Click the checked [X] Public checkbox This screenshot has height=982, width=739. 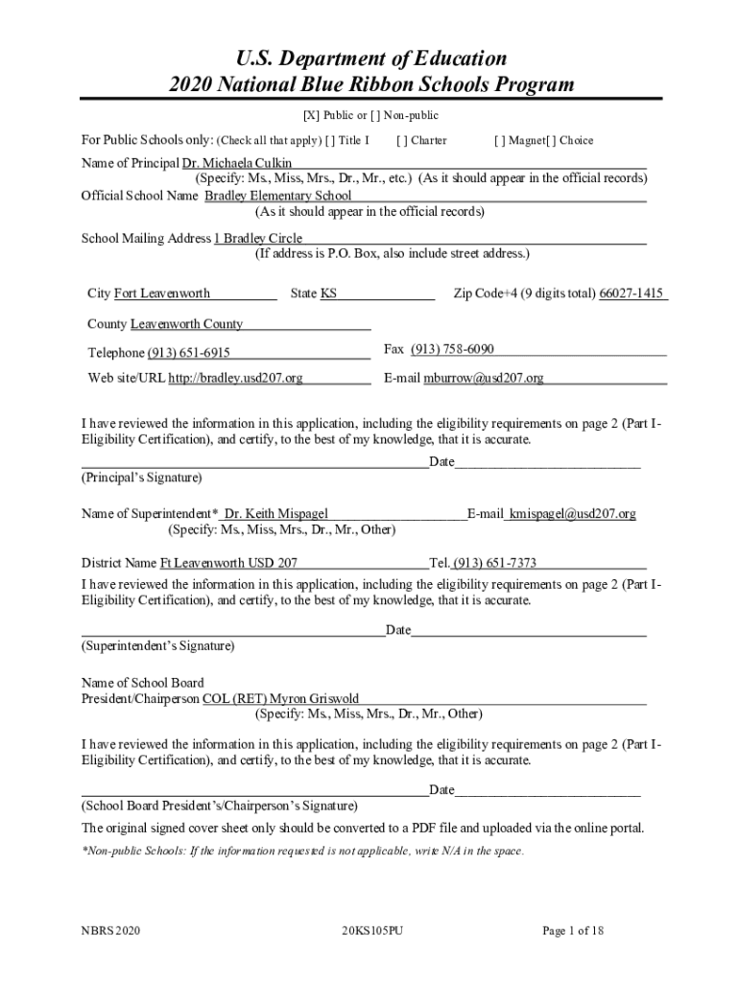point(312,116)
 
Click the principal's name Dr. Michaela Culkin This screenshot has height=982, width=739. point(230,163)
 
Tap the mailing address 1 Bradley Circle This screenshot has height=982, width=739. point(258,238)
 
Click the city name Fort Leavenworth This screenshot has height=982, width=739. point(162,293)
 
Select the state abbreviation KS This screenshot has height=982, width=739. point(328,293)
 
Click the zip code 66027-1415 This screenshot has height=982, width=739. point(632,293)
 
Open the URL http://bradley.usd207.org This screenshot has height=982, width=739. point(235,378)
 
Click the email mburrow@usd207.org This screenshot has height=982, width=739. point(484,378)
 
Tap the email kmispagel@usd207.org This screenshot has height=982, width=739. point(572,514)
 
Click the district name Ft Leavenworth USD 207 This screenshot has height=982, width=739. point(228,563)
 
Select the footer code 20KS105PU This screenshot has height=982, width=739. point(370,930)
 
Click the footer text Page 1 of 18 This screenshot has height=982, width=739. point(573,930)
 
